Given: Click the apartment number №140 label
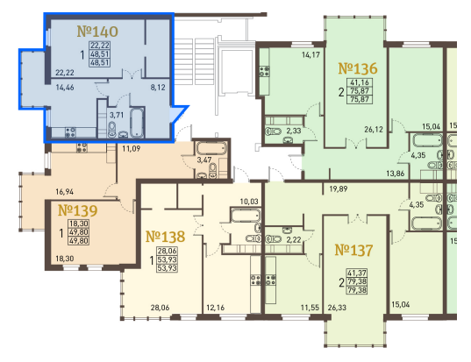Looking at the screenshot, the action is (97, 32).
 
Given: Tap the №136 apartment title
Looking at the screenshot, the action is (358, 68).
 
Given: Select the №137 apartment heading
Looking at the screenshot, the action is (353, 250).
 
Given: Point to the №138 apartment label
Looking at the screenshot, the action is (165, 237).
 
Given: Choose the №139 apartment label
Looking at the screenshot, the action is (77, 210).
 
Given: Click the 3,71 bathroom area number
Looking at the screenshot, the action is (117, 115).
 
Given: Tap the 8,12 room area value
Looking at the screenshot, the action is (158, 88).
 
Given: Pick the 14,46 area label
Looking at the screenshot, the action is (65, 88).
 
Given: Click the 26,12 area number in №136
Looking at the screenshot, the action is (374, 130).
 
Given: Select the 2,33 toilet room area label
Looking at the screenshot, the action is (294, 131).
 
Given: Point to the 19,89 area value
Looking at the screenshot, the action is (339, 188).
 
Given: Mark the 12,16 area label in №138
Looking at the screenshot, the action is (216, 308).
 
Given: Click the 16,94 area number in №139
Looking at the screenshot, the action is (65, 191).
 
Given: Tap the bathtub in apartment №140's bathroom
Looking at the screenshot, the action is (137, 123).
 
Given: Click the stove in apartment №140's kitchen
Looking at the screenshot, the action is (70, 132).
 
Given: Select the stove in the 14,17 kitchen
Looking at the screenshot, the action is (265, 72).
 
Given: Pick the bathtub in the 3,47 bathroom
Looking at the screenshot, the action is (211, 149).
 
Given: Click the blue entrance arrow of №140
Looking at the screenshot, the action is (178, 114).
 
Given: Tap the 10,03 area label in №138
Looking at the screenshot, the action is (249, 202).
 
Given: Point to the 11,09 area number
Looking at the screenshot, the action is (132, 148).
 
